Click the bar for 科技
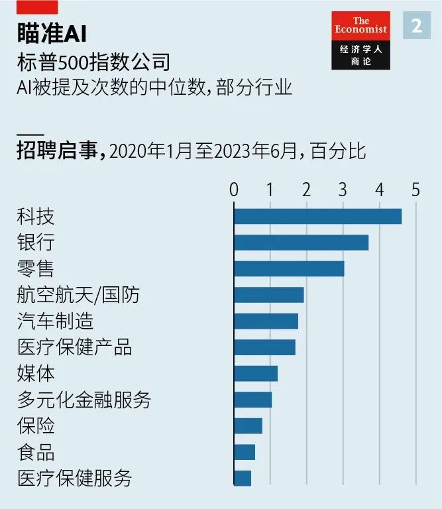pos(317,216)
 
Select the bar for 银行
pos(301,242)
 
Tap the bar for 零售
pos(289,268)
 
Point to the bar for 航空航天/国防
pos(268,294)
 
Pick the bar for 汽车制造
pos(266,321)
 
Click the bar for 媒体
pos(256,373)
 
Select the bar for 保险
pos(248,425)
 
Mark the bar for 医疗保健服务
pos(243,478)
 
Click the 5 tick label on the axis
pos(415,190)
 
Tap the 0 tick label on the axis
pos(234,190)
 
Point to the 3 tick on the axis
pos(343,190)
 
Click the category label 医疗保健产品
pos(74,347)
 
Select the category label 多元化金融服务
pos(84,400)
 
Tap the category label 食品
pos(36,452)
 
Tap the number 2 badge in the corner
pos(416,26)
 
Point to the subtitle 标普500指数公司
pos(93,63)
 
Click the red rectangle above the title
pos(37,7)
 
